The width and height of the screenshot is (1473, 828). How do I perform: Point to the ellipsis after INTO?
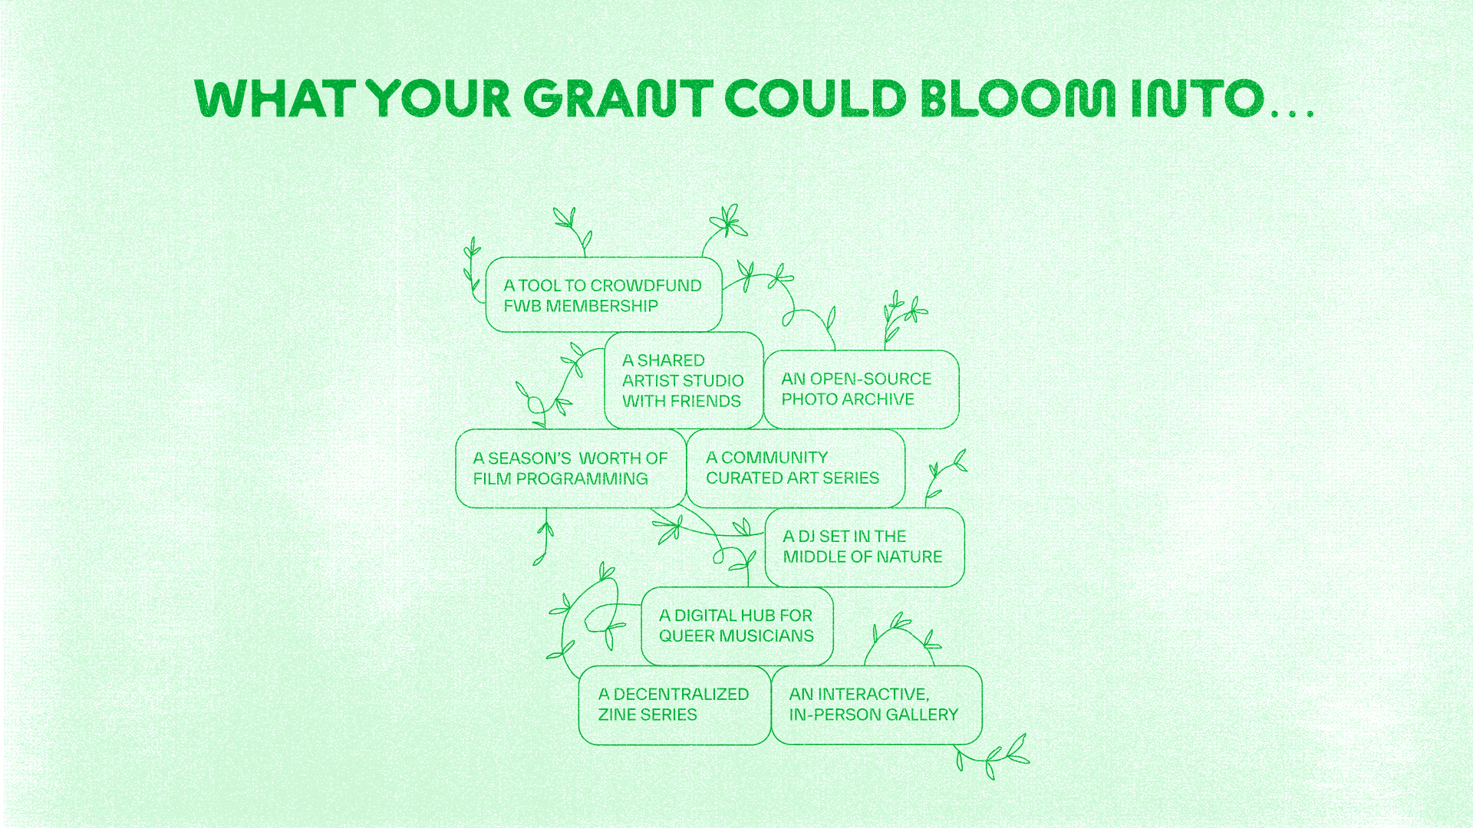(1293, 113)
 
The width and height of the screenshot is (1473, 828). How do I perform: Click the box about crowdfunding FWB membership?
(604, 295)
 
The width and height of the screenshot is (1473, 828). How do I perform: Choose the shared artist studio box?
(684, 380)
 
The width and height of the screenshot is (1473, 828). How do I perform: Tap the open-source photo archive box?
(862, 389)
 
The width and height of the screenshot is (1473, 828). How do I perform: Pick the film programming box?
(571, 468)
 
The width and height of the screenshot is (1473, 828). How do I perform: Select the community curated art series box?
(796, 468)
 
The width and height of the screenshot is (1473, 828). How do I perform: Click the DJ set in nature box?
(865, 547)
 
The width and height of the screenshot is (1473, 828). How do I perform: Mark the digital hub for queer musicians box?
(737, 626)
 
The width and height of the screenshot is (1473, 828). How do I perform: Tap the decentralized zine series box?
(674, 705)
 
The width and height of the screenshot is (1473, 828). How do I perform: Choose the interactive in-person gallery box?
(877, 705)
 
